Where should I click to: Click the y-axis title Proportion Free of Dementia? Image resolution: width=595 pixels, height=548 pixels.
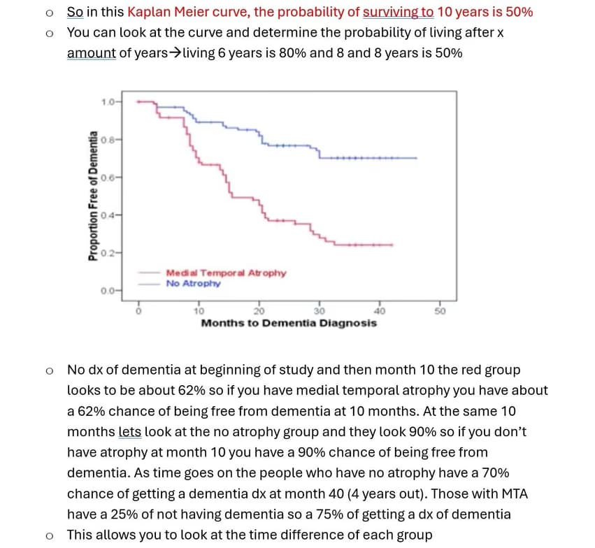click(92, 197)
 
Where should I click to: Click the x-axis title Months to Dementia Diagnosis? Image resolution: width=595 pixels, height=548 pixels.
click(288, 323)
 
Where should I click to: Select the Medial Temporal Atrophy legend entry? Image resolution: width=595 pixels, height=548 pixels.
click(225, 273)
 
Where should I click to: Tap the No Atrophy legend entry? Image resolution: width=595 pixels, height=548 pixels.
click(193, 283)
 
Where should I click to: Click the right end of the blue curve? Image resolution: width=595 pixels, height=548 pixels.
click(417, 158)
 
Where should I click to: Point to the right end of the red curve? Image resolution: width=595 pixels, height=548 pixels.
click(392, 245)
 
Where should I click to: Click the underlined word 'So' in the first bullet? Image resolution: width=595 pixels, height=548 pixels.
click(75, 12)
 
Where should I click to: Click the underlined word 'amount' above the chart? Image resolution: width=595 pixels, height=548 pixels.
click(92, 53)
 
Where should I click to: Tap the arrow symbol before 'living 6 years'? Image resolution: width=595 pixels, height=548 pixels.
click(174, 53)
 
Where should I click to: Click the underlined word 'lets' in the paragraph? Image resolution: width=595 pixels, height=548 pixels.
click(130, 432)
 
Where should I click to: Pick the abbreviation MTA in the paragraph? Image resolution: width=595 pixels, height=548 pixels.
click(514, 493)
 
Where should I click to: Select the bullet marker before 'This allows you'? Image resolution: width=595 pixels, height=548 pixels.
click(48, 535)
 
